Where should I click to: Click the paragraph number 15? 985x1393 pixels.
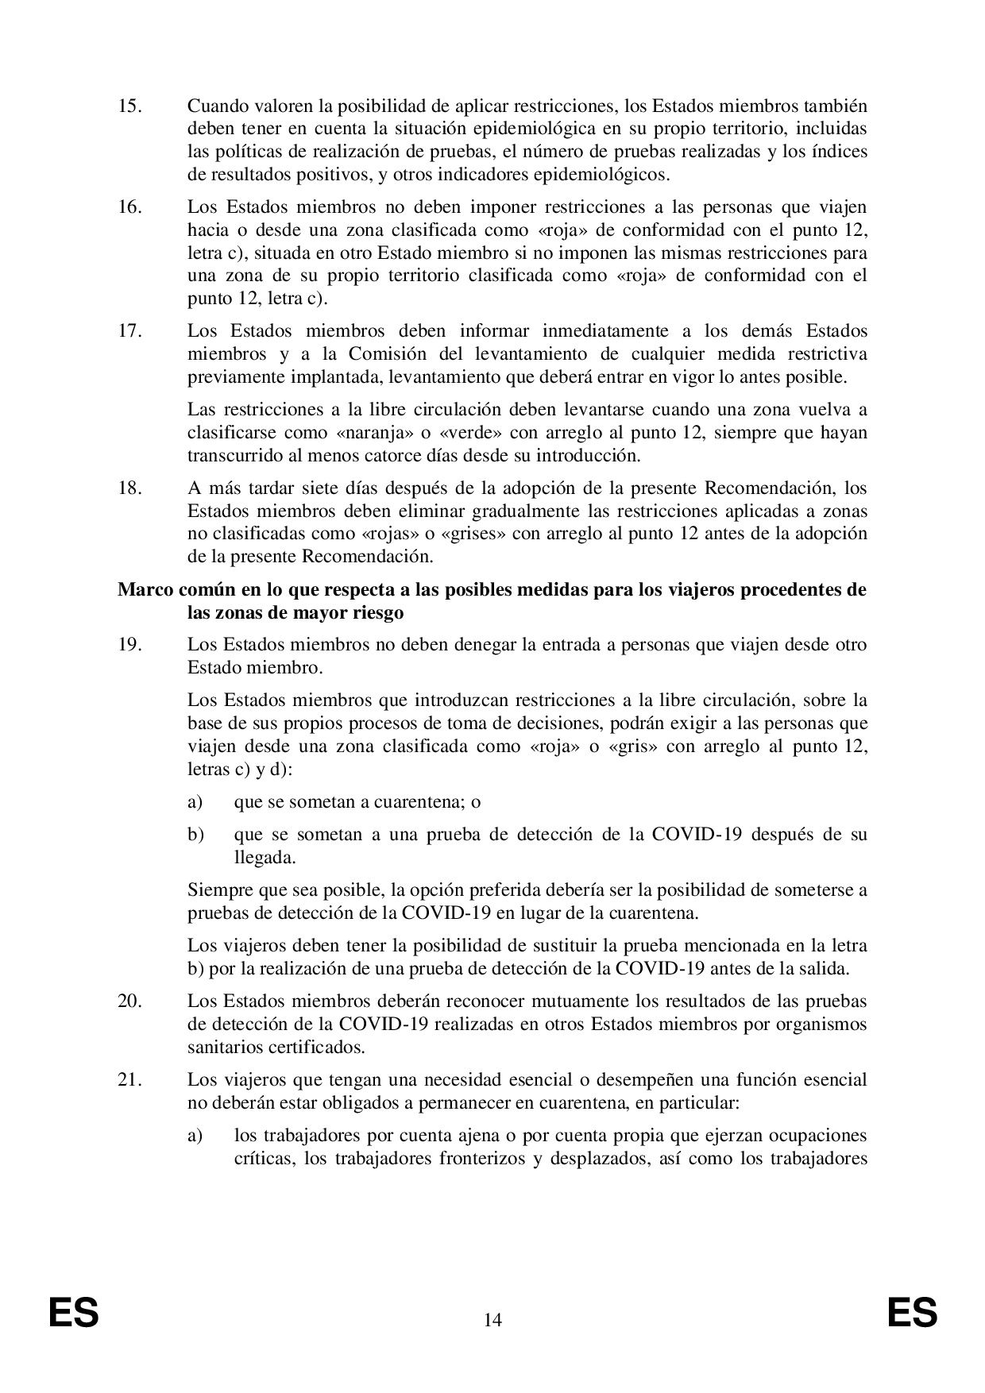[x=129, y=106]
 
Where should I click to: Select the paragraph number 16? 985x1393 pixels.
[x=129, y=207]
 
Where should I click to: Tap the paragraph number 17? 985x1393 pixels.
[x=129, y=330]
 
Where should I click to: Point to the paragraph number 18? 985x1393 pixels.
[x=129, y=488]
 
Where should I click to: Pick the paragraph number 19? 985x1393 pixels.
[x=129, y=645]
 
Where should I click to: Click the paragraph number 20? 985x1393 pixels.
[x=129, y=1001]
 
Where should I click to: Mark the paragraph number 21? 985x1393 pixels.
[x=129, y=1079]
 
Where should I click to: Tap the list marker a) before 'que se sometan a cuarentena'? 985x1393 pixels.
[x=195, y=802]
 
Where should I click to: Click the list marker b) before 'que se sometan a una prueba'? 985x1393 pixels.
[x=195, y=835]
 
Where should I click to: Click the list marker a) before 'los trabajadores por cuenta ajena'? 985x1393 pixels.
[x=195, y=1135]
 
